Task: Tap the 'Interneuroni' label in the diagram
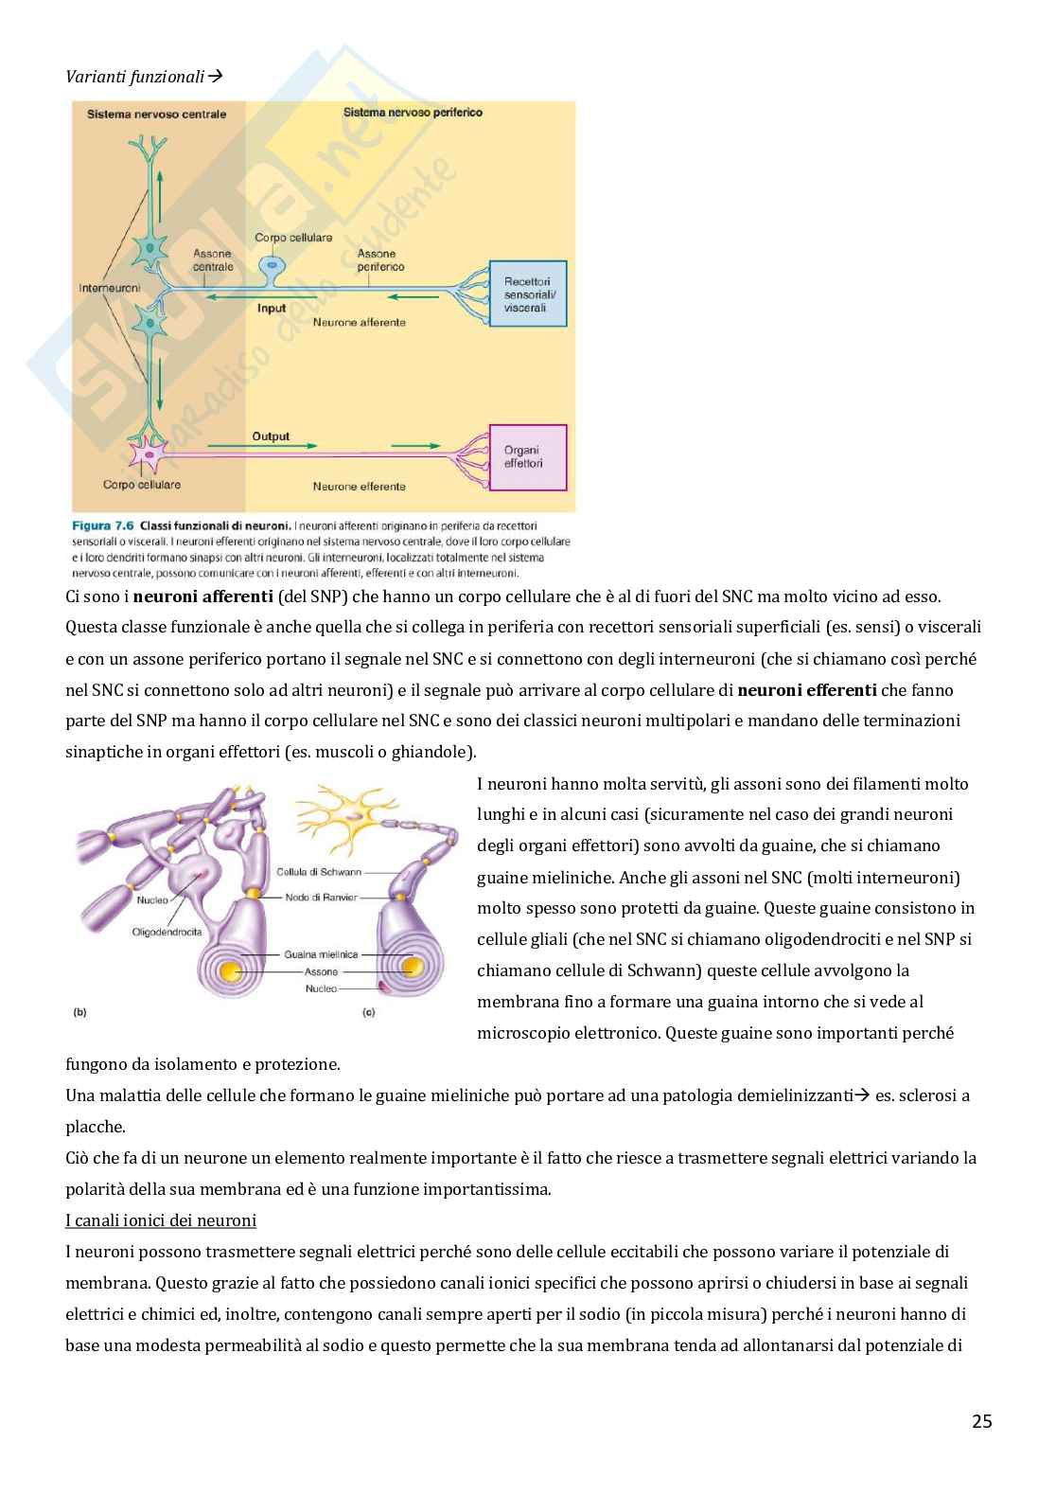coord(109,287)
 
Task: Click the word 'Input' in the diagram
coord(272,309)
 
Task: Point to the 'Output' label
coord(271,436)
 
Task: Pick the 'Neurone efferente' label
coord(359,487)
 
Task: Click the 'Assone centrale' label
coord(213,260)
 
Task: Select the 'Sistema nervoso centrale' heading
coord(156,115)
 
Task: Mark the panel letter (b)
coord(79,1012)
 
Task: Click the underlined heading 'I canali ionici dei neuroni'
coord(161,1220)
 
